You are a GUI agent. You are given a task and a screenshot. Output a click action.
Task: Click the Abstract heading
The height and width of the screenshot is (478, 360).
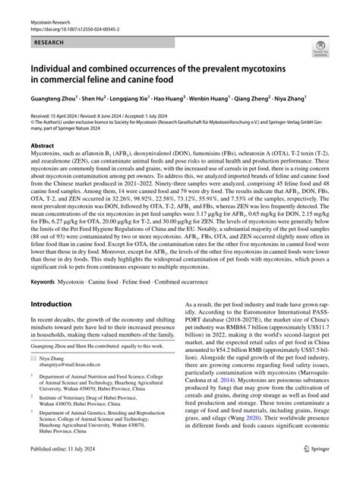42,144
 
